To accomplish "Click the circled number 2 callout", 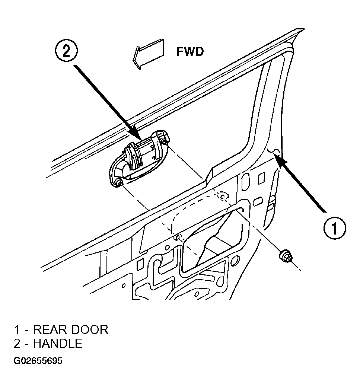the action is point(66,51).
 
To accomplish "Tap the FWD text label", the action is point(190,52).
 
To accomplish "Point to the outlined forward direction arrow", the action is point(149,54).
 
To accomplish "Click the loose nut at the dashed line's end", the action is point(285,256).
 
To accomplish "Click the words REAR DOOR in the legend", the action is point(71,330).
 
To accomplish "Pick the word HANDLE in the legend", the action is point(58,344).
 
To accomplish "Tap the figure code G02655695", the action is point(38,361).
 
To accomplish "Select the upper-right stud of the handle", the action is point(163,142).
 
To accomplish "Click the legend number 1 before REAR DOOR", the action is point(17,330).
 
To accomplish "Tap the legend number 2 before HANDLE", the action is point(17,344).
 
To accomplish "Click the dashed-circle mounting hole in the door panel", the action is point(223,196).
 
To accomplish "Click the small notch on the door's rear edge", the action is point(274,151).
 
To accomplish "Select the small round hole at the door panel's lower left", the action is point(123,286).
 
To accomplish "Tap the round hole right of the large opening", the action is point(235,261).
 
